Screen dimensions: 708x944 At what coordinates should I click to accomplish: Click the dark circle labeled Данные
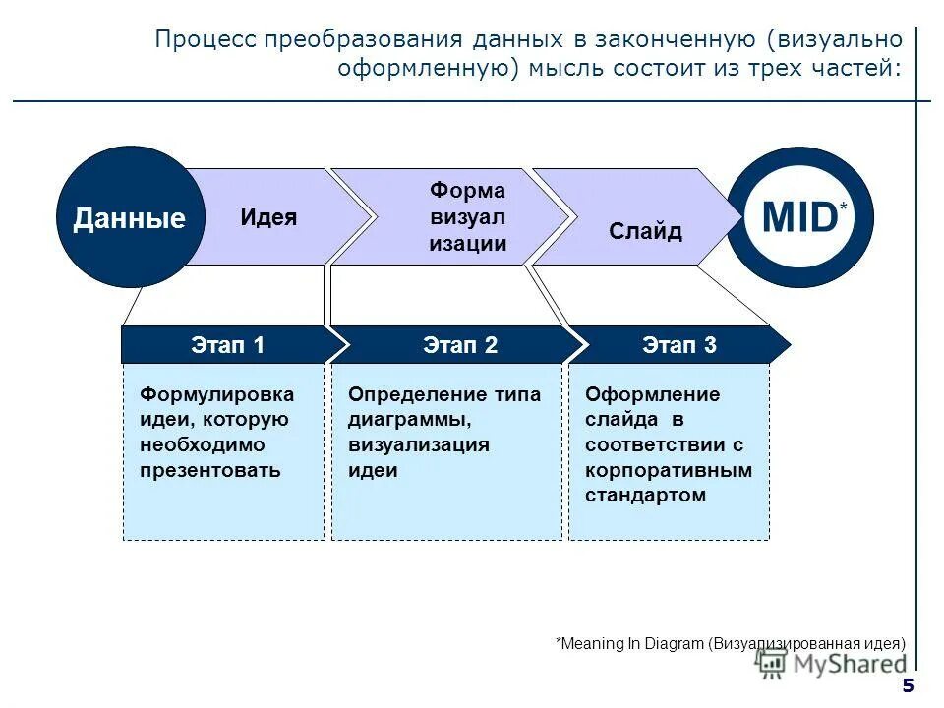(x=129, y=217)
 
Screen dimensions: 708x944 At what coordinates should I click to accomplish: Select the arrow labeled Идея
(x=268, y=217)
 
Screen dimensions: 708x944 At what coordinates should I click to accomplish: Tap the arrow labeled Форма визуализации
(x=467, y=217)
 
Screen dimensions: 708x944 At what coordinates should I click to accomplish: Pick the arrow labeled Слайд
(x=645, y=231)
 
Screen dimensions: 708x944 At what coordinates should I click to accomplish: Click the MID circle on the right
(x=800, y=217)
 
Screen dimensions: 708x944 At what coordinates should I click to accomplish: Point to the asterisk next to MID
(x=842, y=208)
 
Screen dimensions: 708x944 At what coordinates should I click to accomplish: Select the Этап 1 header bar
(x=227, y=345)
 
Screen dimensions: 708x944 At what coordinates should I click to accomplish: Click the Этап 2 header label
(x=460, y=345)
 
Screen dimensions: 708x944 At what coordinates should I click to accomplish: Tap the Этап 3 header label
(x=679, y=345)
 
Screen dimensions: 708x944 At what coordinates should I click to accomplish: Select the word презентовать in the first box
(x=209, y=470)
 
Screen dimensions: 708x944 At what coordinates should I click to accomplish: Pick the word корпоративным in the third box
(x=669, y=470)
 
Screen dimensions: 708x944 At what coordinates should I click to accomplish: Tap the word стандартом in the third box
(x=645, y=495)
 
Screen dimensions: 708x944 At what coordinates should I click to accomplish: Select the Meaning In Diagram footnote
(x=731, y=643)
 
